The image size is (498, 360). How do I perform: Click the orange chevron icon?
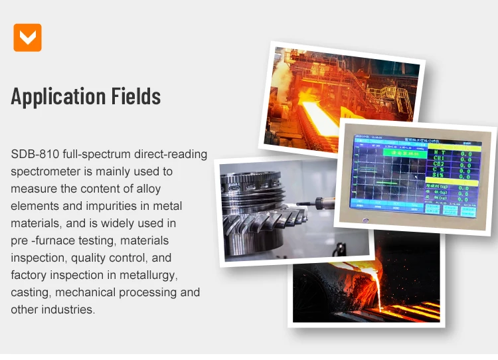27,37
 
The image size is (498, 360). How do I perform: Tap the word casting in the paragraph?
31,292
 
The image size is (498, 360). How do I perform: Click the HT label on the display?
439,152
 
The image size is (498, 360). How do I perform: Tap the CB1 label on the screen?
439,158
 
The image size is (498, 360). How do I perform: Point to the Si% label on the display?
440,176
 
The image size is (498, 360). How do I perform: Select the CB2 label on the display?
439,164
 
